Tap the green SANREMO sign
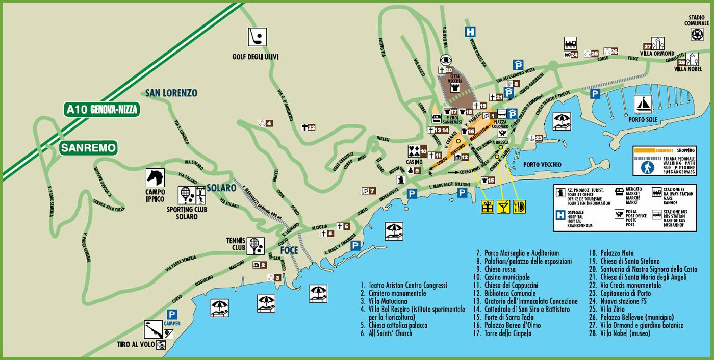tap(89, 148)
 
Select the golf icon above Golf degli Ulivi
tap(256, 37)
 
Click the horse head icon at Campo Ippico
tap(155, 177)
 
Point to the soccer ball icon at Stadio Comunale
tap(697, 34)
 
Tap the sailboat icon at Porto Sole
tap(643, 105)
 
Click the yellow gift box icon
tap(488, 207)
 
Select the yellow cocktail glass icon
tap(503, 207)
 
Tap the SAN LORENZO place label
tap(171, 93)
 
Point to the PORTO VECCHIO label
tap(542, 165)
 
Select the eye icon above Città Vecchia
tap(446, 59)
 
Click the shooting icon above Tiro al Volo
tap(152, 329)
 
